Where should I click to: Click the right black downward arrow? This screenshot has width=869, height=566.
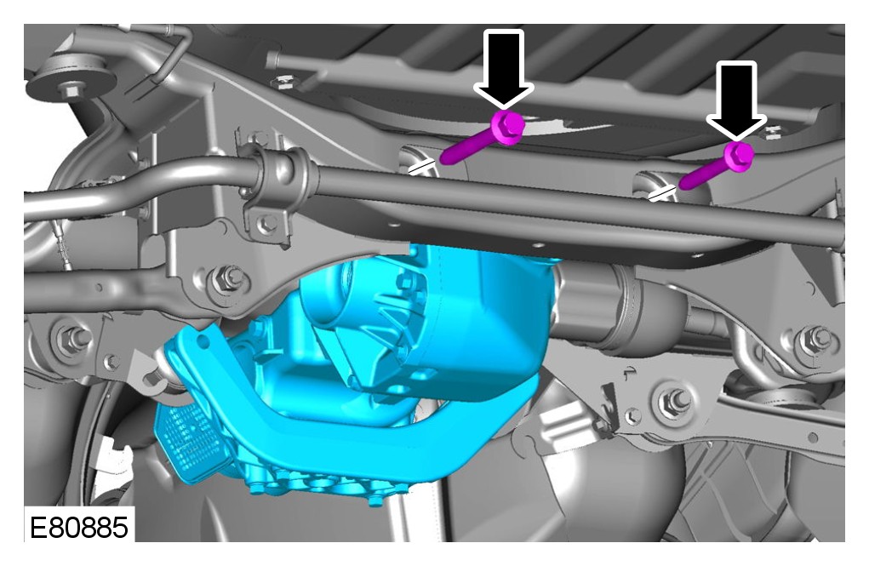tap(736, 99)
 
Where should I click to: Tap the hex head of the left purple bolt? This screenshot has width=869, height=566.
tap(507, 127)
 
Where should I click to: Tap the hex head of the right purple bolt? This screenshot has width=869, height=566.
tap(738, 157)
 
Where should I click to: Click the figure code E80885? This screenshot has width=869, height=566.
tap(78, 527)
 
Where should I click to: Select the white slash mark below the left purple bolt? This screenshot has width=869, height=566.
tap(421, 166)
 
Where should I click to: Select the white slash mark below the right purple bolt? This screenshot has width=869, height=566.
tap(661, 193)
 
